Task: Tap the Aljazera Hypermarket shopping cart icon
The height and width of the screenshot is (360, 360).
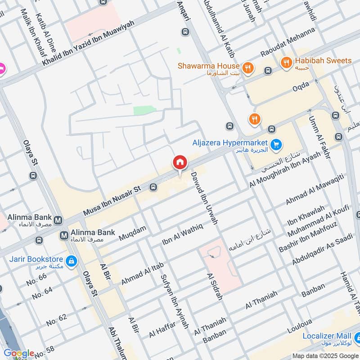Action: point(277,144)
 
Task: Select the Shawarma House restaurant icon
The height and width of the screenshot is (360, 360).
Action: point(247,68)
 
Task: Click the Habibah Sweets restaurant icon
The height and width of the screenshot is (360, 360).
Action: point(286,63)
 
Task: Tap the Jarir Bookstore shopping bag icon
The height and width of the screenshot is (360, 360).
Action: point(71,261)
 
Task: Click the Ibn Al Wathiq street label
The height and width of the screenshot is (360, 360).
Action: point(183,234)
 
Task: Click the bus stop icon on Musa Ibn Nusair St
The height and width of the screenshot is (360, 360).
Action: point(153,187)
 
